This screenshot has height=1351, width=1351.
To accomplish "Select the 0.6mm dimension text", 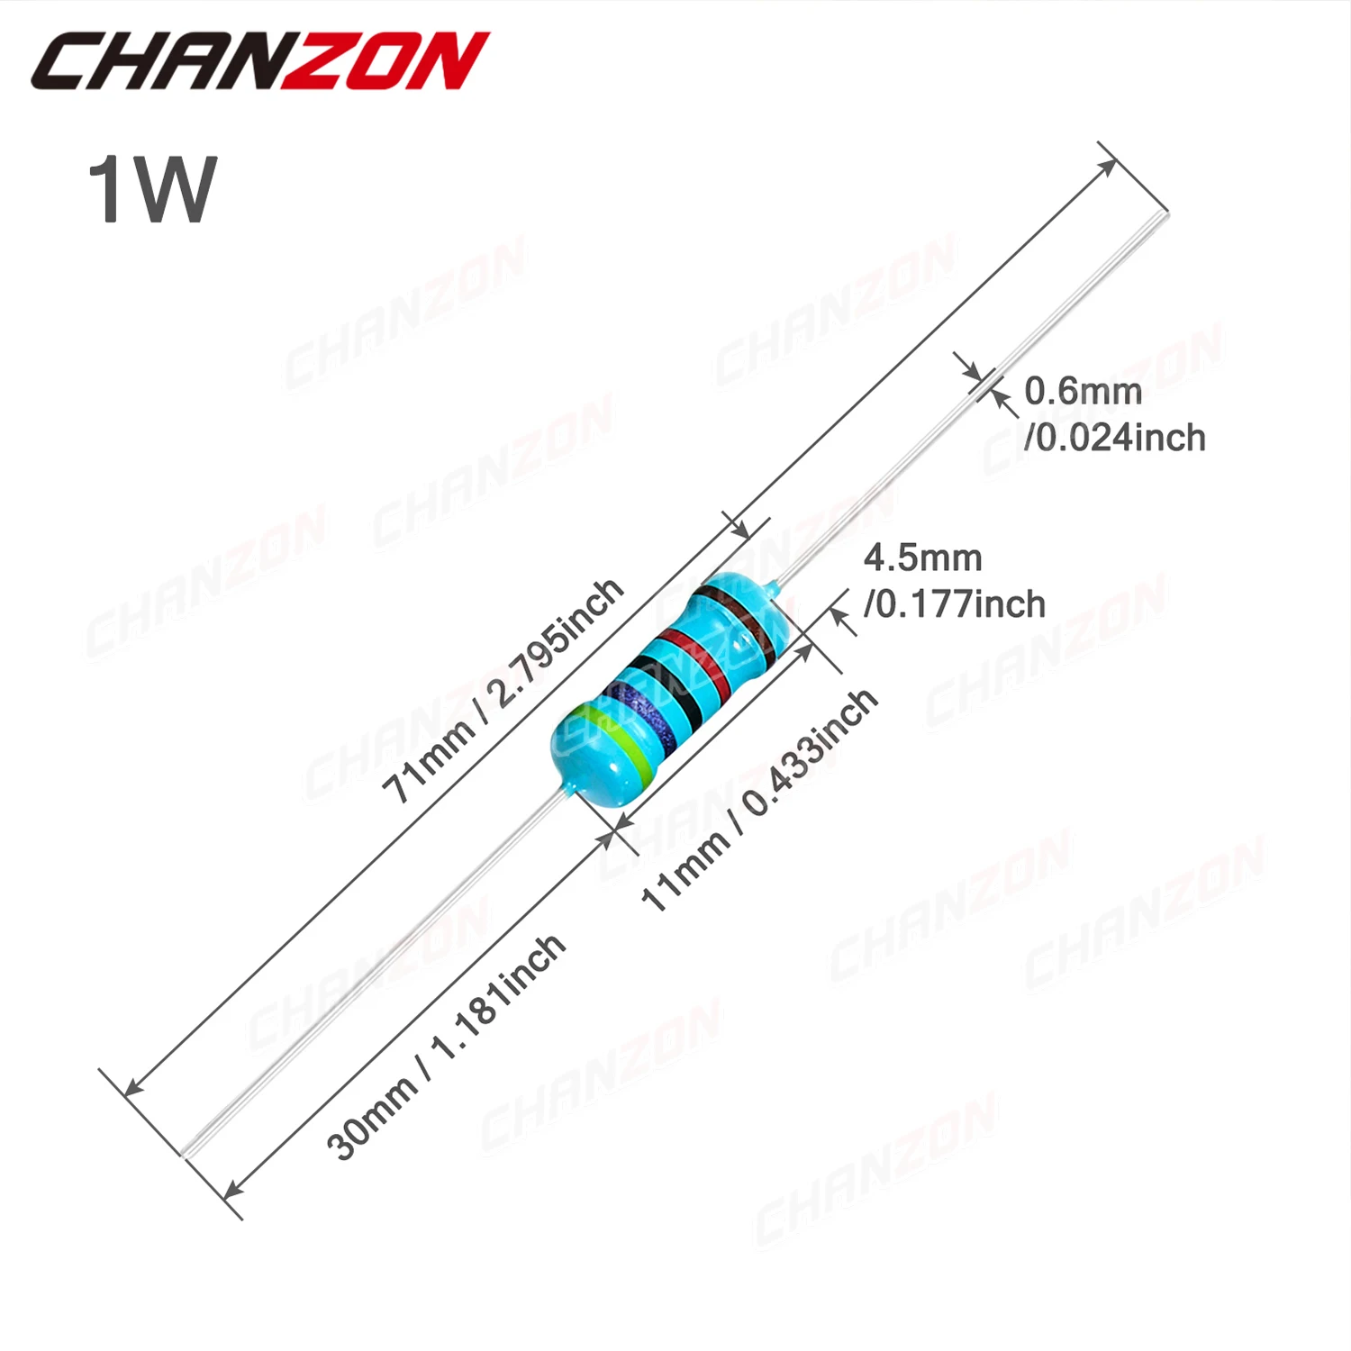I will pyautogui.click(x=1083, y=391).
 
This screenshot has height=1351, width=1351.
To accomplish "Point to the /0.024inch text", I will pyautogui.click(x=1115, y=438).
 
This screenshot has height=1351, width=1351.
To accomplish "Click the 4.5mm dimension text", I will pyautogui.click(x=922, y=558).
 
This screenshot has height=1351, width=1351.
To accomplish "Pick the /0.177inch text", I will pyautogui.click(x=955, y=604).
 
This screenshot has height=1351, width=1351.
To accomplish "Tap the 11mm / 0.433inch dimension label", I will pyautogui.click(x=758, y=800).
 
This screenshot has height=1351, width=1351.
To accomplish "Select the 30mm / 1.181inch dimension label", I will pyautogui.click(x=446, y=1047).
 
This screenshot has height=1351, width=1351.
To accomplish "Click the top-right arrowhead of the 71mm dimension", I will pyautogui.click(x=1110, y=167).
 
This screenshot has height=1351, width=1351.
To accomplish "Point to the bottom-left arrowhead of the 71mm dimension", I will pyautogui.click(x=131, y=1090).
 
